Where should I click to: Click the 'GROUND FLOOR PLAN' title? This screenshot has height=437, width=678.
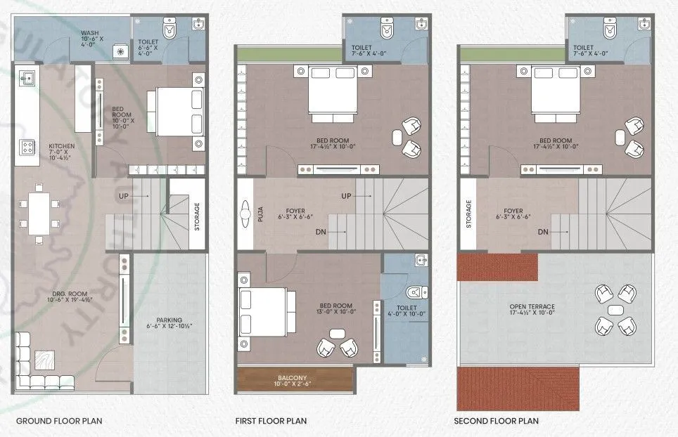[x=59, y=421]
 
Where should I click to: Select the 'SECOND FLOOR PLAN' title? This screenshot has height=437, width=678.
[x=496, y=421]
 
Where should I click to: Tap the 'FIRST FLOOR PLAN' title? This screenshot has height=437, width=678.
[x=271, y=421]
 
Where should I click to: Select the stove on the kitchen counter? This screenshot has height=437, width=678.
[x=28, y=147]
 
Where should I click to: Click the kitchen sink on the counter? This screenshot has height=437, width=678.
[x=29, y=77]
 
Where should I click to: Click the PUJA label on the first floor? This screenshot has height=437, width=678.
[x=260, y=213]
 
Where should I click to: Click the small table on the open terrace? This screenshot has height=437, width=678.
[x=615, y=310]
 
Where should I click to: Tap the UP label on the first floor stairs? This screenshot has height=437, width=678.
[x=346, y=195]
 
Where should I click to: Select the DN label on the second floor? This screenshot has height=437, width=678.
[x=543, y=231]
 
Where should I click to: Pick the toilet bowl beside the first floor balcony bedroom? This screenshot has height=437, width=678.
[x=416, y=291]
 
